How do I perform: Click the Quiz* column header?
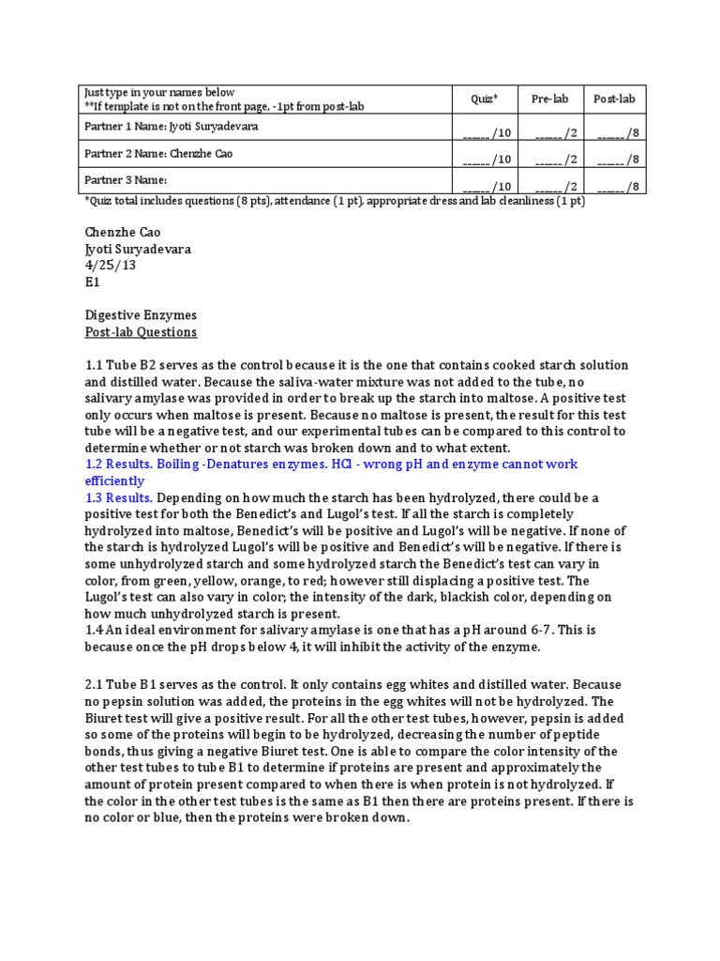(x=483, y=99)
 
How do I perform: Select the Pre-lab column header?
(x=549, y=99)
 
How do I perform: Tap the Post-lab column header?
(x=614, y=99)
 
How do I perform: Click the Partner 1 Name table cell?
(x=169, y=127)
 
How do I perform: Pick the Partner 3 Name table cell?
(x=126, y=179)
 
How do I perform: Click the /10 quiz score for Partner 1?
(x=487, y=133)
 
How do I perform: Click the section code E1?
(x=92, y=282)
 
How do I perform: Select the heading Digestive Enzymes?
(x=141, y=315)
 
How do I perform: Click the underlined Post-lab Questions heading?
(x=141, y=332)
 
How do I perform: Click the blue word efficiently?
(x=114, y=481)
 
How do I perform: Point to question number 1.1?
(x=95, y=365)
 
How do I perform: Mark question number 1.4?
(x=95, y=631)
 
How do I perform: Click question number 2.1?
(x=95, y=684)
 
